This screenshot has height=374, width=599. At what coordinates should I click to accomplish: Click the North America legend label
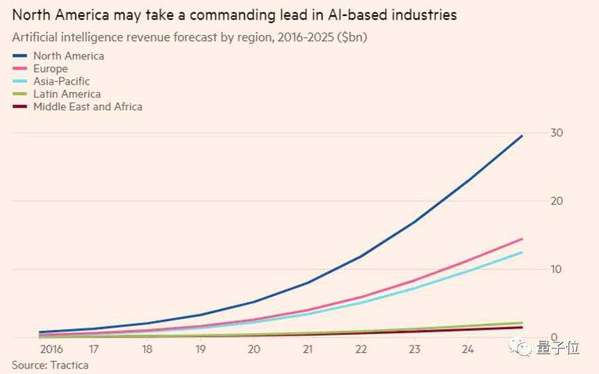pyautogui.click(x=69, y=56)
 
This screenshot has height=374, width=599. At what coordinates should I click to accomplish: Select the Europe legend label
pyautogui.click(x=50, y=69)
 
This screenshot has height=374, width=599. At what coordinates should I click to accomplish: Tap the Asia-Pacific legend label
pyautogui.click(x=61, y=81)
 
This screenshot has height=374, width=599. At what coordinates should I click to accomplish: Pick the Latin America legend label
pyautogui.click(x=67, y=94)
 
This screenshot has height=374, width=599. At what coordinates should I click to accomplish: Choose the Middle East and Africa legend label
pyautogui.click(x=88, y=106)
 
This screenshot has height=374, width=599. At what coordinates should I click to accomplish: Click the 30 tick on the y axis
pyautogui.click(x=557, y=133)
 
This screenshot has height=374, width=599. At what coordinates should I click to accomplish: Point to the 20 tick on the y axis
pyautogui.click(x=557, y=201)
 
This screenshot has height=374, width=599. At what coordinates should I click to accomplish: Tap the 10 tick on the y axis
pyautogui.click(x=557, y=270)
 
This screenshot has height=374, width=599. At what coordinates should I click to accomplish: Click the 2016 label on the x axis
pyautogui.click(x=50, y=349)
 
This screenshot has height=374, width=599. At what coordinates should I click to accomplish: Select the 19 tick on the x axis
pyautogui.click(x=201, y=349)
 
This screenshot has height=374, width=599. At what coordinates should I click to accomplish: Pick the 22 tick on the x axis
pyautogui.click(x=361, y=349)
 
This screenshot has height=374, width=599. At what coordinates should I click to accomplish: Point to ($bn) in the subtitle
pyautogui.click(x=351, y=37)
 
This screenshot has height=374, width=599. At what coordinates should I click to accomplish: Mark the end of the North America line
pyautogui.click(x=522, y=135)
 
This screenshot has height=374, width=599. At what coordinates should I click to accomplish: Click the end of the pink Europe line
pyautogui.click(x=522, y=239)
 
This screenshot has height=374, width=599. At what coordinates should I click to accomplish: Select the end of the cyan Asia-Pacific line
pyautogui.click(x=522, y=252)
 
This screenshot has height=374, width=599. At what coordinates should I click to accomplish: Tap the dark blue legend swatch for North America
pyautogui.click(x=20, y=56)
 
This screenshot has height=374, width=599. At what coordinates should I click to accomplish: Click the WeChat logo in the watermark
pyautogui.click(x=522, y=348)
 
